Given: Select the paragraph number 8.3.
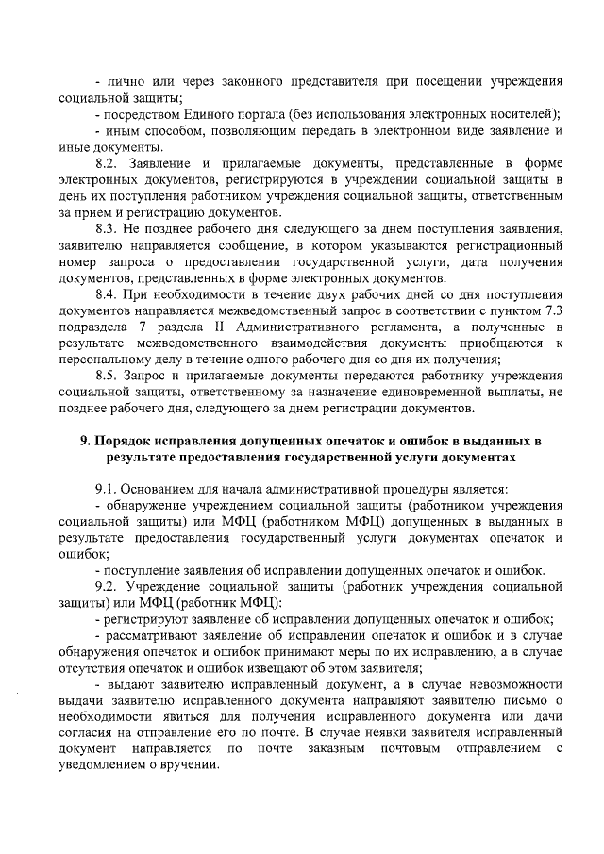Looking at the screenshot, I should (110, 229).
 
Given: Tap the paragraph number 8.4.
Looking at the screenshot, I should (110, 294).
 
